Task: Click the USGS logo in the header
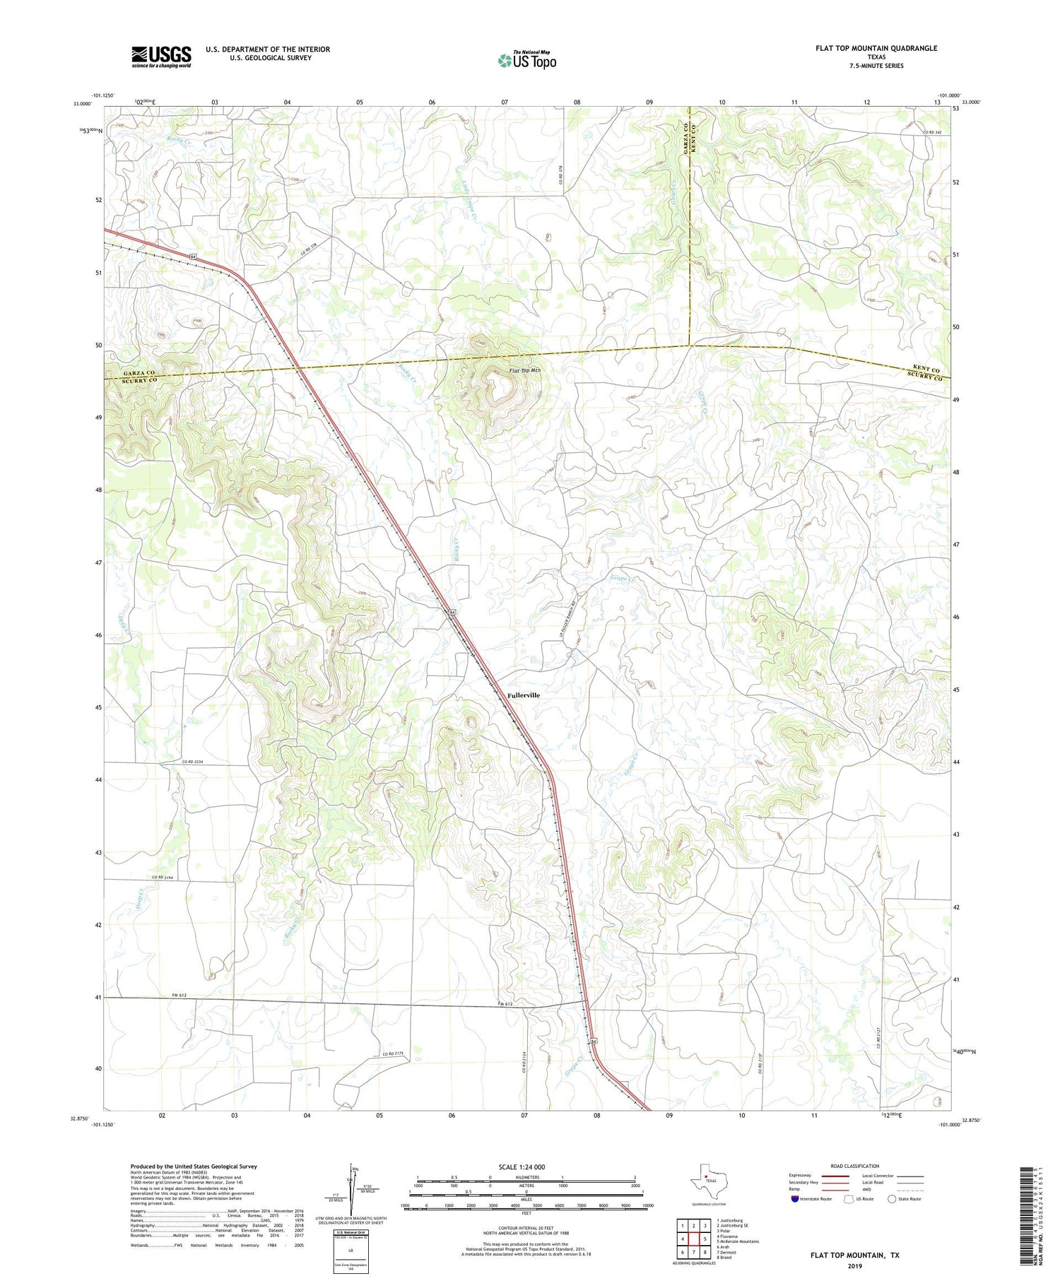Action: coord(161,57)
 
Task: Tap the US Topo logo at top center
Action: coord(526,60)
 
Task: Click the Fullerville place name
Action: coord(524,695)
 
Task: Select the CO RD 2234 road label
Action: coord(192,761)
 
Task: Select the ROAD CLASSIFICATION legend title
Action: coord(855,1166)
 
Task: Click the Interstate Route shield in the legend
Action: coord(795,1199)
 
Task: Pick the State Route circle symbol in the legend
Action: coord(892,1199)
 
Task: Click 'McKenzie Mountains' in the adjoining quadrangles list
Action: coord(738,1241)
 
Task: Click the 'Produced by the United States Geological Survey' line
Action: coord(194,1167)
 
